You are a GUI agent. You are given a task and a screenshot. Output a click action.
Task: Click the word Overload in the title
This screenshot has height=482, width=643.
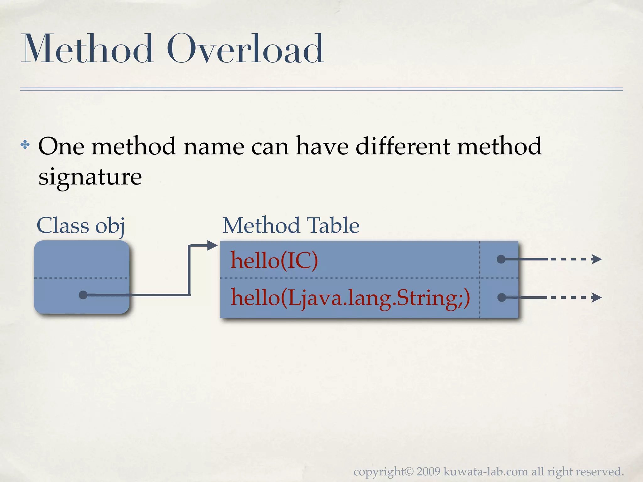(x=245, y=49)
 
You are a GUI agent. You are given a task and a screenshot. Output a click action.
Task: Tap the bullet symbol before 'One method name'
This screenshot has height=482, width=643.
(x=25, y=145)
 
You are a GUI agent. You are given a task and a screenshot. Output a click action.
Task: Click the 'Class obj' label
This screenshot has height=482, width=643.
(x=81, y=226)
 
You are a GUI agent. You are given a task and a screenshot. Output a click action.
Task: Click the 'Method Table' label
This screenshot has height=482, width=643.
(x=291, y=226)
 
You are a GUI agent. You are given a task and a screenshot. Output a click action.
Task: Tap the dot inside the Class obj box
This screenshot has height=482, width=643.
(x=83, y=295)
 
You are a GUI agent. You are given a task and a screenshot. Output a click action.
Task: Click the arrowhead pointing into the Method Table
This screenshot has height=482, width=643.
(x=213, y=245)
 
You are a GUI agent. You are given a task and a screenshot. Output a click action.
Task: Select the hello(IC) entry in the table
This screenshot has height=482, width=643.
(x=274, y=260)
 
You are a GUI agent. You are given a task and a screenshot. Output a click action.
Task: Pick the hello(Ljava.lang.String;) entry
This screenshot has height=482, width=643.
(x=350, y=297)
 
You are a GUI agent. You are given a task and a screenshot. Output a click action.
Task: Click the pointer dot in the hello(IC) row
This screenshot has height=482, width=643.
(x=501, y=259)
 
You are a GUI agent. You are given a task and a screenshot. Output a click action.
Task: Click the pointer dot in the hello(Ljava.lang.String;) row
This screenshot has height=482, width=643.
(x=502, y=297)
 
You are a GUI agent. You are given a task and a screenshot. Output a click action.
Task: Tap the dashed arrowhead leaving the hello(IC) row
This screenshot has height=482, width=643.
(x=596, y=259)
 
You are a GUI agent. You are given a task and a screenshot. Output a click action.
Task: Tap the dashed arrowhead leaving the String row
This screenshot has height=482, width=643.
(x=596, y=297)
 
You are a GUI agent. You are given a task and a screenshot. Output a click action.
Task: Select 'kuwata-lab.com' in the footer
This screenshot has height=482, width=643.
(x=486, y=472)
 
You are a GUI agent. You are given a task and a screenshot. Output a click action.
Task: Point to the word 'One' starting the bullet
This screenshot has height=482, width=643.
(x=61, y=146)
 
